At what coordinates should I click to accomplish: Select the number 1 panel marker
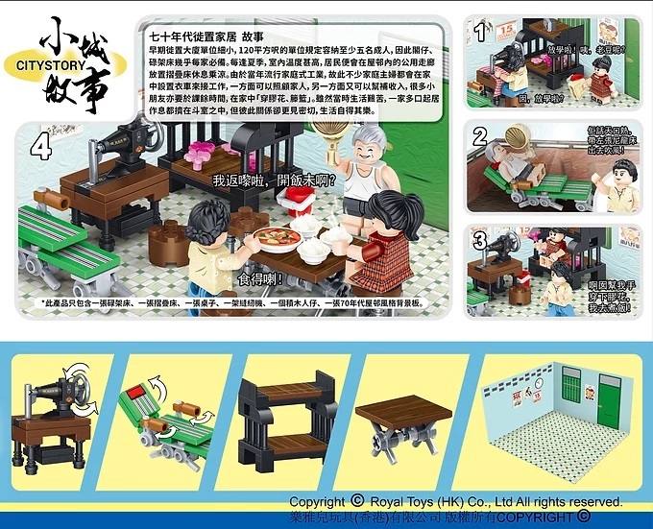pyautogui.click(x=480, y=32)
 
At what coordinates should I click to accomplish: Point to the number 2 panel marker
pyautogui.click(x=479, y=136)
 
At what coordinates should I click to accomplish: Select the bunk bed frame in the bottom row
pyautogui.click(x=278, y=416)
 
